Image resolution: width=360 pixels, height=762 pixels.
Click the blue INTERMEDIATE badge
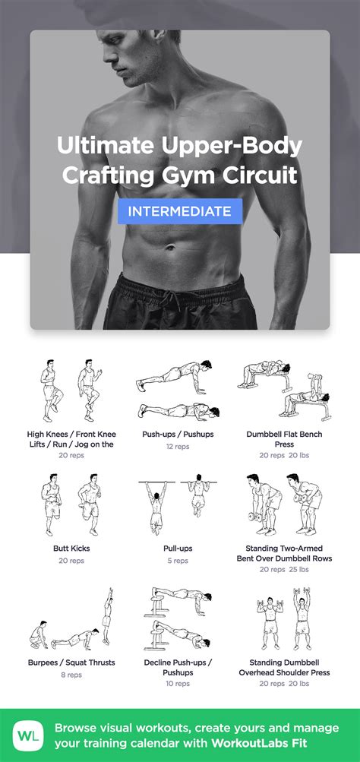click(179, 211)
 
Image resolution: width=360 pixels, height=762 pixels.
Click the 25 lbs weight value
click(298, 570)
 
